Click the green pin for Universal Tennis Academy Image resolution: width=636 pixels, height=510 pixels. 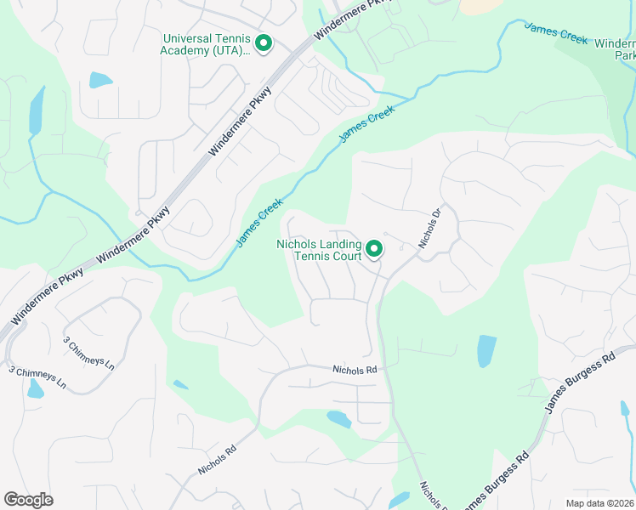coord(264,42)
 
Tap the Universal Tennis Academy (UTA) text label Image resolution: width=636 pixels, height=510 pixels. coord(206,44)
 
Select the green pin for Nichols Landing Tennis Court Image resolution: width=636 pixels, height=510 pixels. coord(374,249)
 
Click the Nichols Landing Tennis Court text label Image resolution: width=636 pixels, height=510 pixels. coord(320,250)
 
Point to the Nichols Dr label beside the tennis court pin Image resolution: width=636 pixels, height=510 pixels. coord(431,229)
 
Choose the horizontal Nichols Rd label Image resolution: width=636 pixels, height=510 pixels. coord(355,370)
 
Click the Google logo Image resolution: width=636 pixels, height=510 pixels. coord(28,500)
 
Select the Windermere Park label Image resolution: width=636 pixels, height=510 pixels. coord(614,49)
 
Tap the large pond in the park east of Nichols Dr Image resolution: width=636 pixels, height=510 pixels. coord(486,350)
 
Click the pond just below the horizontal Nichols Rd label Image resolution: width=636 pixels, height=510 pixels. coord(339,419)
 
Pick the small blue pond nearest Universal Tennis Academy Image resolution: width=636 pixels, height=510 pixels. coord(100,81)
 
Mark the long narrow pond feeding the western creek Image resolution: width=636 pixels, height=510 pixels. coord(37,110)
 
